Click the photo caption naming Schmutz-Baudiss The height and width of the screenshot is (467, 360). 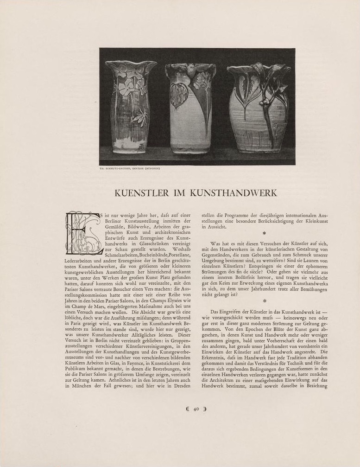coord(129,169)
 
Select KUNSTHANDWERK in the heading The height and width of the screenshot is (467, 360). coord(238,193)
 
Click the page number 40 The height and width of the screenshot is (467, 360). coord(196,409)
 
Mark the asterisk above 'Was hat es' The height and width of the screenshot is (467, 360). coord(264,234)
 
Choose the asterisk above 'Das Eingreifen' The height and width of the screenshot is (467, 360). coord(264,301)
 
